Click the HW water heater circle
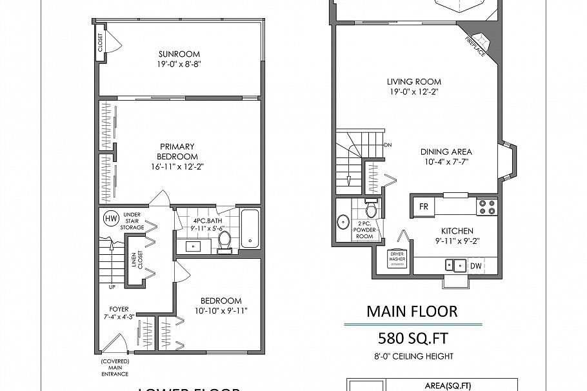(112, 219)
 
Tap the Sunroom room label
(179, 54)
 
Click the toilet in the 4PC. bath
(224, 239)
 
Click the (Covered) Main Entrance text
(115, 367)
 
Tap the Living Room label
(413, 82)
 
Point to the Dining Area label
(446, 152)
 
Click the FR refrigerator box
(424, 207)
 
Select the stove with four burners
(486, 207)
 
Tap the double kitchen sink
(455, 265)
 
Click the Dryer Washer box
(396, 258)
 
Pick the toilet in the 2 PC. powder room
(371, 210)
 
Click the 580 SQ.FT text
(413, 339)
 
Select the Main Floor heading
(412, 311)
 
